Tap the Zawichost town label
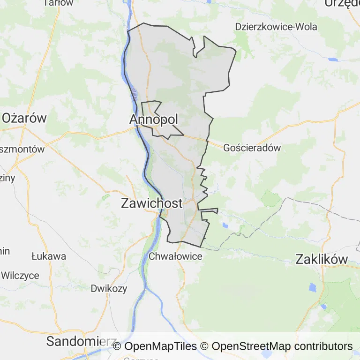click(x=151, y=203)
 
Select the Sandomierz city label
click(x=75, y=341)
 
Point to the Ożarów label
click(x=24, y=118)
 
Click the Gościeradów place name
click(x=252, y=148)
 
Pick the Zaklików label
click(x=322, y=259)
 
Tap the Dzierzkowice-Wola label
click(x=276, y=26)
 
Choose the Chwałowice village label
click(x=175, y=256)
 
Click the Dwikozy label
click(x=109, y=288)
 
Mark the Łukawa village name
click(x=49, y=256)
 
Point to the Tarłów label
click(x=58, y=3)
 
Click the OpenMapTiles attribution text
click(x=155, y=346)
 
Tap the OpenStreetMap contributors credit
click(x=282, y=346)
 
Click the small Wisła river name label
click(x=135, y=93)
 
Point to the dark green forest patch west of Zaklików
click(x=270, y=199)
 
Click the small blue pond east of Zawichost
click(x=225, y=225)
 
